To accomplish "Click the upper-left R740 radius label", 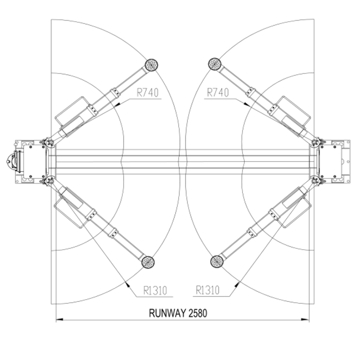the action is [x=148, y=93].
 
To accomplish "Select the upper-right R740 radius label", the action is [x=218, y=93].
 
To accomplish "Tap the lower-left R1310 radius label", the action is [x=155, y=290].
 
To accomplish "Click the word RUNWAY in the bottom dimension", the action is [x=166, y=313].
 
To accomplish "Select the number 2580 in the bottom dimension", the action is [x=198, y=313].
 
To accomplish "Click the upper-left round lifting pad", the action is [x=152, y=65].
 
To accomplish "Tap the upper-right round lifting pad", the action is [x=215, y=64].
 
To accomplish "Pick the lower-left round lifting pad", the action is [x=148, y=262].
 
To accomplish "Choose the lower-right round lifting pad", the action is [x=217, y=261].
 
